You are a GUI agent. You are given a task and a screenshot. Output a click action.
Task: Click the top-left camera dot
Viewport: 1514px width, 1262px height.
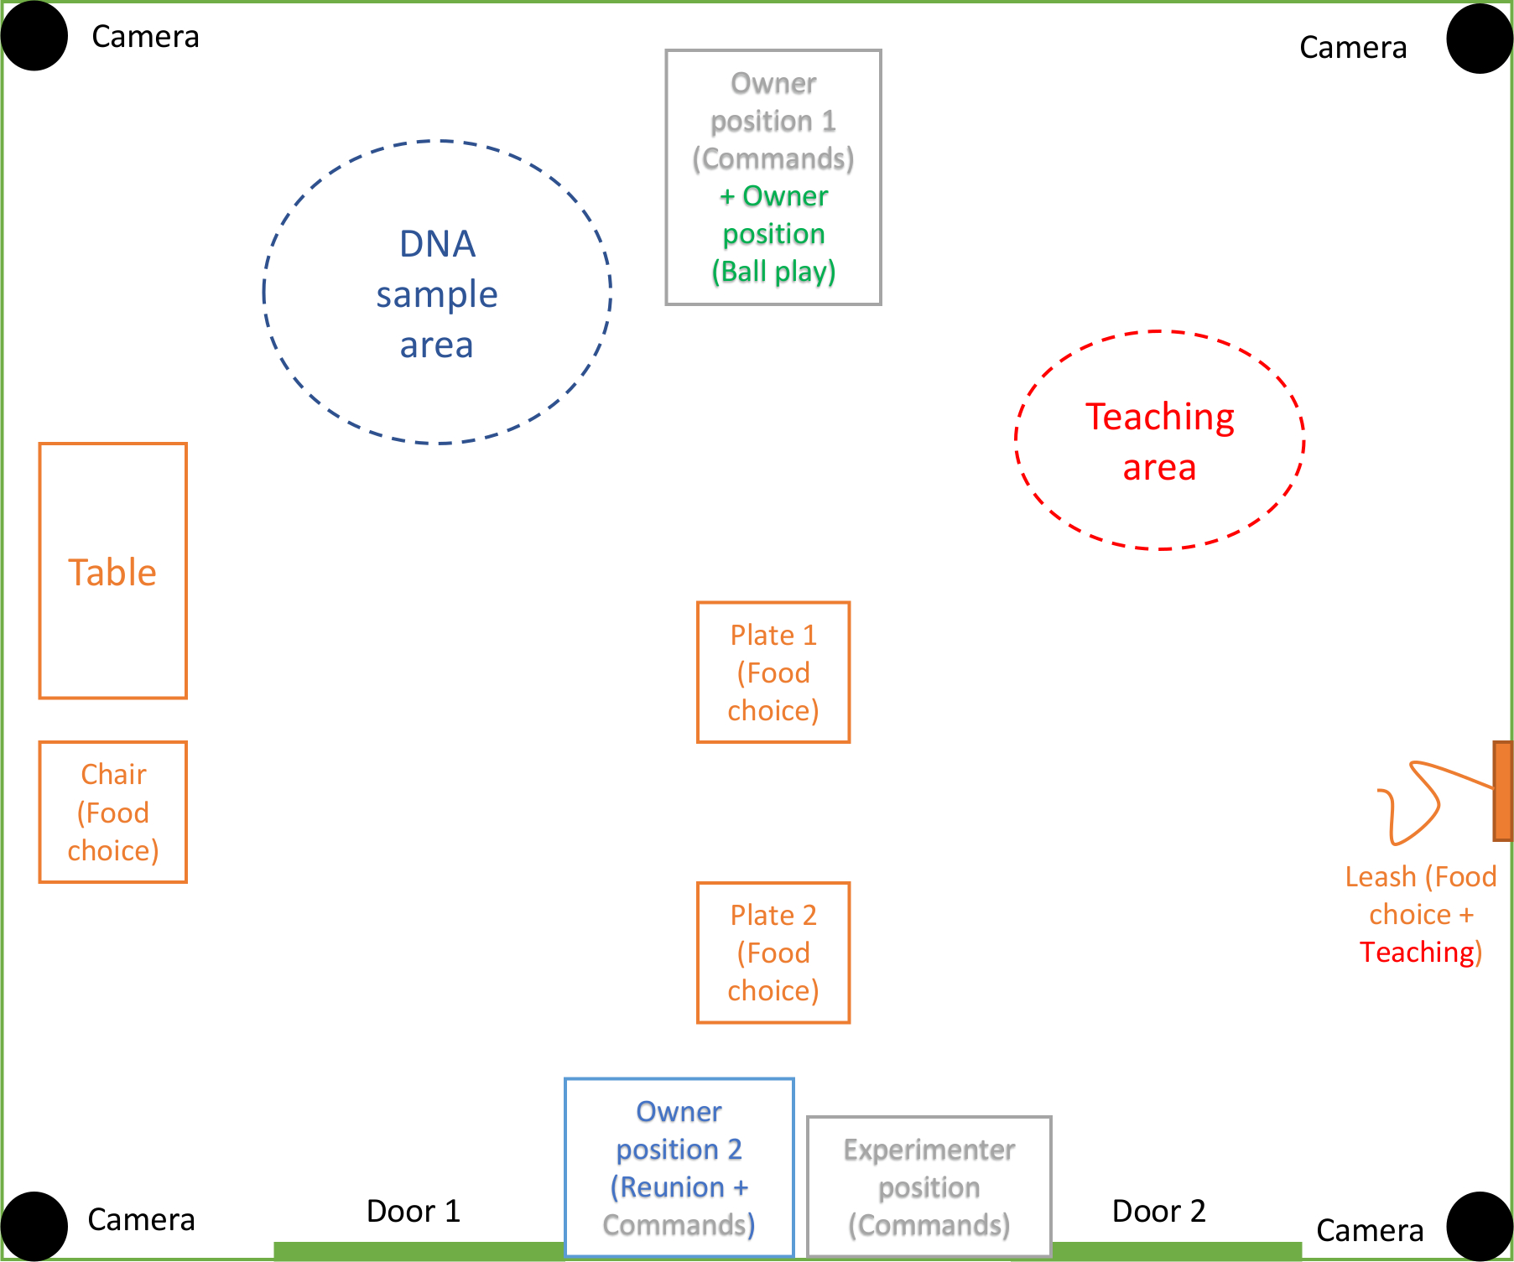[x=34, y=37]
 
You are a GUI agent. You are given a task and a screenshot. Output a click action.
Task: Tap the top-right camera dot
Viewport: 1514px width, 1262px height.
[x=1480, y=39]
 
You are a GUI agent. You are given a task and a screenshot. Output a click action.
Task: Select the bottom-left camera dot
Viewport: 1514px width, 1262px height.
[x=34, y=1226]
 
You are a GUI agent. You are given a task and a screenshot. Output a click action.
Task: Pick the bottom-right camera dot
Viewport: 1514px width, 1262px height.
[x=1480, y=1226]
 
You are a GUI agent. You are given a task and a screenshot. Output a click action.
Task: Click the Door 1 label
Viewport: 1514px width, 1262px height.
[x=414, y=1211]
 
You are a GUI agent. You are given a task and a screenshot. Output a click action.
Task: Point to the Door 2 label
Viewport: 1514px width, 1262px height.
[x=1158, y=1211]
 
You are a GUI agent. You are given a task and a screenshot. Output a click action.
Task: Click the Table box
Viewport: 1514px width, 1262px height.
[x=112, y=571]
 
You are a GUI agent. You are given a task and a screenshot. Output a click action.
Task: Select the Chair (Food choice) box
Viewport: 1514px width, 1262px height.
[x=112, y=812]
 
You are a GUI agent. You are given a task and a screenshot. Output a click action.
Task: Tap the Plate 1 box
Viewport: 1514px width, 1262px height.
[x=773, y=673]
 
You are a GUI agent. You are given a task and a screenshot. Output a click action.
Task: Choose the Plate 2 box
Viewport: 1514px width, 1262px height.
[x=773, y=953]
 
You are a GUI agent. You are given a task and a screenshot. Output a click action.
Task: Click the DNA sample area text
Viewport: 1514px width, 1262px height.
[x=437, y=294]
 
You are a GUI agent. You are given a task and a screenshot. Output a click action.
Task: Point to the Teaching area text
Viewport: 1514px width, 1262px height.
[x=1160, y=441]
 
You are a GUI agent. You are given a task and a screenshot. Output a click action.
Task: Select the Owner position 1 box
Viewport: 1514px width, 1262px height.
[x=773, y=177]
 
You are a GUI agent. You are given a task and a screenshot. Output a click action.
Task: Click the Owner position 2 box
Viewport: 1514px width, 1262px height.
[x=679, y=1167]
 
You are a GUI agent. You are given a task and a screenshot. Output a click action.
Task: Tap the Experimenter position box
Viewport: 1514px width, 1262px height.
[x=929, y=1187]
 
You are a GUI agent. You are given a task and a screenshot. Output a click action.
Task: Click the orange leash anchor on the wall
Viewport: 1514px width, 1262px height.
[x=1502, y=791]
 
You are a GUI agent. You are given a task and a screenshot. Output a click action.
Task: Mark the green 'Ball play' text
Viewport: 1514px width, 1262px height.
[x=773, y=272]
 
